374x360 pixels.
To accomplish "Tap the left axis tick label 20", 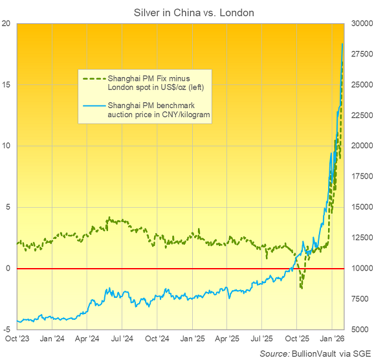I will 6,23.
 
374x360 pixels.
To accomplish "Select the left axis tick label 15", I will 6,85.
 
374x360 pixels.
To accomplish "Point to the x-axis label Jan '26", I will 332,339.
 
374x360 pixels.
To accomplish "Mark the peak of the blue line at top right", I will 342,43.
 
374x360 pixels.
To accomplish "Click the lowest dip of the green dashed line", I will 302,288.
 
